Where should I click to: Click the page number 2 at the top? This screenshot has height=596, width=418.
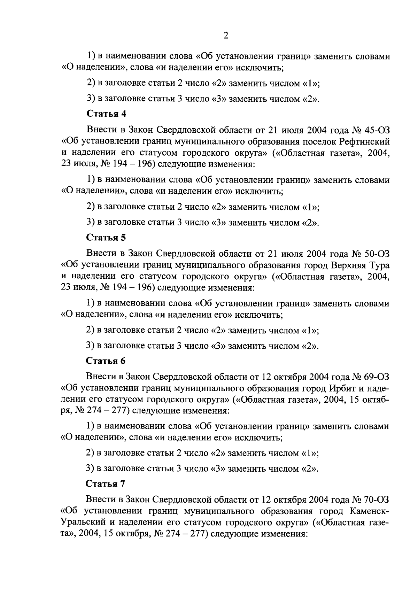tap(226, 36)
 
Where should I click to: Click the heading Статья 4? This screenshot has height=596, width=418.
tap(106, 114)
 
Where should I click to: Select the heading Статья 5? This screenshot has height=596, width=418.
tap(106, 238)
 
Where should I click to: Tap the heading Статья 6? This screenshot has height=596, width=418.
tap(106, 361)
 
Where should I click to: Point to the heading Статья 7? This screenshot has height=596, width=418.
tap(106, 484)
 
